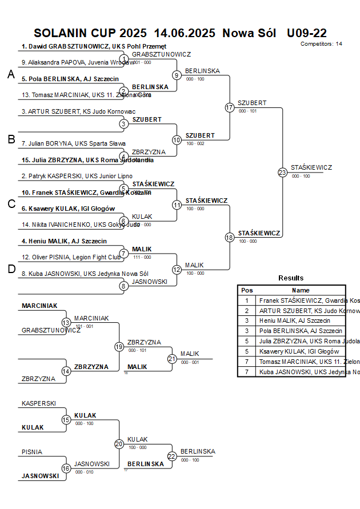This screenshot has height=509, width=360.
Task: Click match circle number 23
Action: tap(282, 172)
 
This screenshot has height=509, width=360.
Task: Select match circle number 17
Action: tap(230, 107)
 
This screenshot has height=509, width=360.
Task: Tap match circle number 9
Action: tap(177, 75)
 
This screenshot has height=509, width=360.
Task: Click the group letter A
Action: tap(11, 74)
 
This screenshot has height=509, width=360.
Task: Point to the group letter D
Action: tap(11, 270)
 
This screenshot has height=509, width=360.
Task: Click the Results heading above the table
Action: tap(291, 278)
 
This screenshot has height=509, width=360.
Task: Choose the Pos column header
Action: tap(247, 290)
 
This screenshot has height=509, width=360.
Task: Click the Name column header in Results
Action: tap(301, 290)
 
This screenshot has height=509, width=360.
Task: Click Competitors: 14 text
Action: tap(321, 44)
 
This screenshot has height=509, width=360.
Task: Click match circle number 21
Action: tap(172, 359)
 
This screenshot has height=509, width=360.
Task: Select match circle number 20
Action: tap(119, 444)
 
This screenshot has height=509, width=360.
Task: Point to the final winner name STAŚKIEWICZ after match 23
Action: tap(311, 167)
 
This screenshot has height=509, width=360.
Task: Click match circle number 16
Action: tap(66, 468)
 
